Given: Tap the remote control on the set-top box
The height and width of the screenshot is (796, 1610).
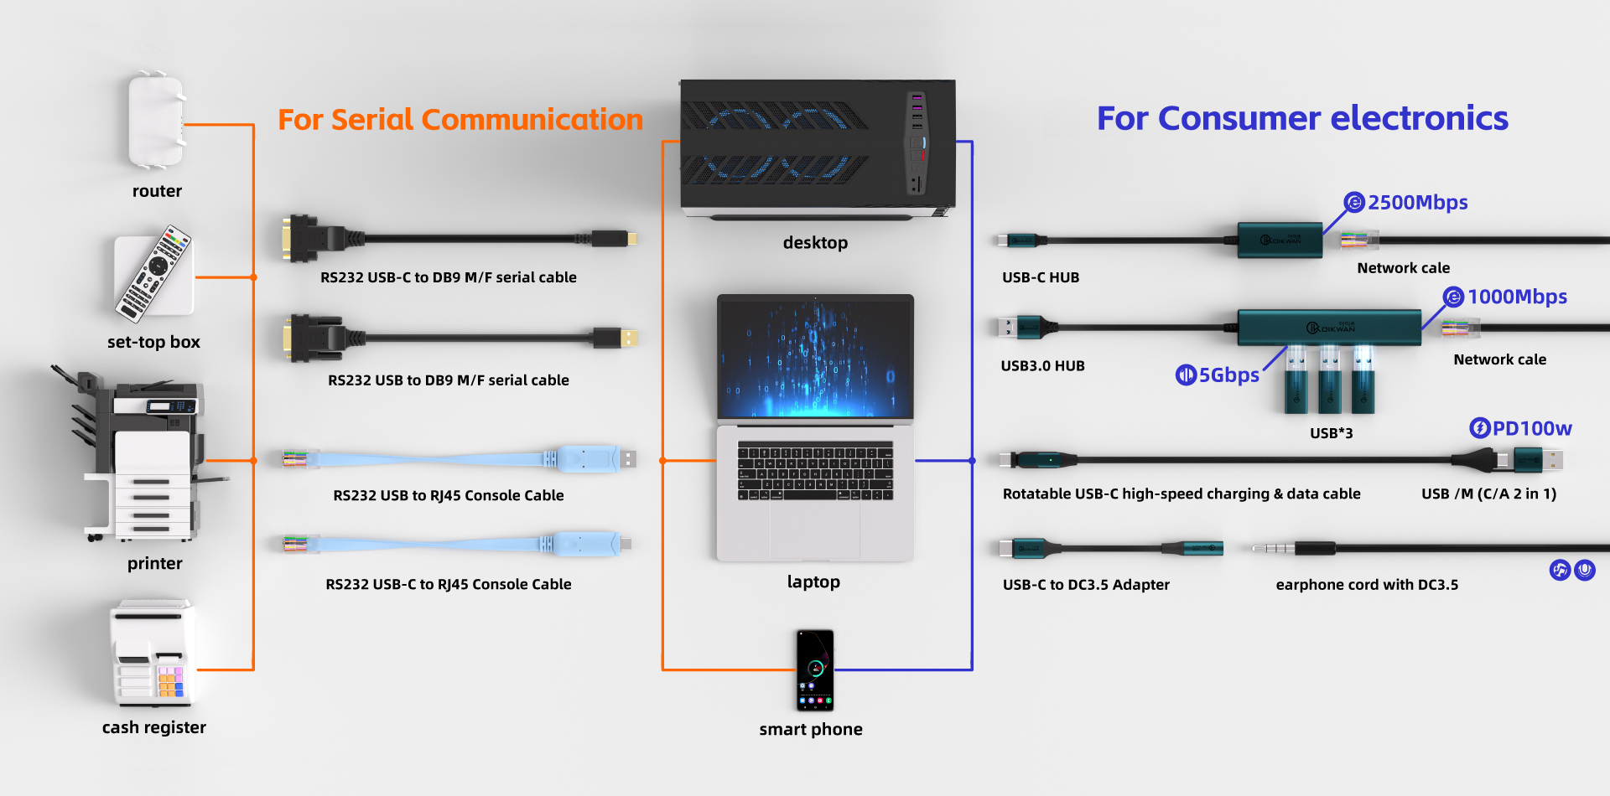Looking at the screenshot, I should (x=155, y=273).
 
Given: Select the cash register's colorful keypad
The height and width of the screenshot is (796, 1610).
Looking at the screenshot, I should (x=170, y=682).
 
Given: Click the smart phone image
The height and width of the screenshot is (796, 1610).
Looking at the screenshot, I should (x=814, y=669).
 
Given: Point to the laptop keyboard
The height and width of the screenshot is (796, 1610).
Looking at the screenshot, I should (x=814, y=471).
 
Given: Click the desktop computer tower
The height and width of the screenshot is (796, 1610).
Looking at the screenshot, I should (x=817, y=147).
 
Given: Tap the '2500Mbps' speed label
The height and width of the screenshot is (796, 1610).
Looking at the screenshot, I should (x=1417, y=203).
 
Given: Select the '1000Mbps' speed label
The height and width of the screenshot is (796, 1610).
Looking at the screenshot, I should (x=1517, y=297).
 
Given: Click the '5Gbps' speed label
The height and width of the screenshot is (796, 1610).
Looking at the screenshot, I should (x=1228, y=375).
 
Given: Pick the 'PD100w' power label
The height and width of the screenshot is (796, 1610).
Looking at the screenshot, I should (x=1531, y=428).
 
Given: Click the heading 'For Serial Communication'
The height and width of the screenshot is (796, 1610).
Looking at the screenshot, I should (x=460, y=120).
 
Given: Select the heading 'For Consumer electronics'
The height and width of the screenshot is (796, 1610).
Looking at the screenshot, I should (x=1302, y=118).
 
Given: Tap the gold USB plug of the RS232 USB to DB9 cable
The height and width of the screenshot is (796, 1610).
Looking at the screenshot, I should (x=628, y=338).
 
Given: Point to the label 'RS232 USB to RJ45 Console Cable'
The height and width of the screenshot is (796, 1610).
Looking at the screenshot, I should (x=449, y=495).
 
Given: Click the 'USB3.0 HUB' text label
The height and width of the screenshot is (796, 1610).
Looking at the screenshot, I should (x=1042, y=366).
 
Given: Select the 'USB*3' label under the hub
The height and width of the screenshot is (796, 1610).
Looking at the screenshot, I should (x=1331, y=433).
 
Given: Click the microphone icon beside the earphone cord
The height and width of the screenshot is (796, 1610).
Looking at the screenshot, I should (x=1584, y=570).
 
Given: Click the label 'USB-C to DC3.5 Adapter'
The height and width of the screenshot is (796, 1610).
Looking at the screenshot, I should (x=1086, y=585).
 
